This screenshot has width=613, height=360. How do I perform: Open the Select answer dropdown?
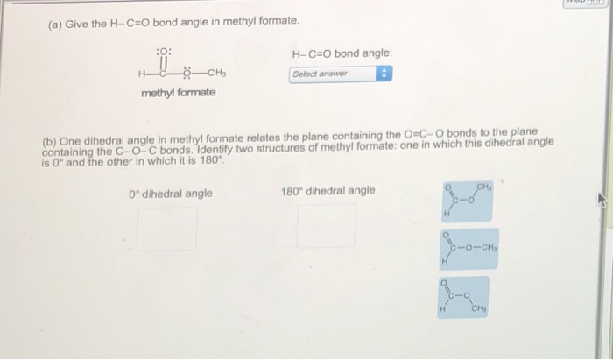333,74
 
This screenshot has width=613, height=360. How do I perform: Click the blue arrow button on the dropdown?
382,74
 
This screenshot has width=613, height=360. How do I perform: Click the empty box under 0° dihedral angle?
166,228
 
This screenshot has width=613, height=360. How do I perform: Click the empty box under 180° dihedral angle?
327,226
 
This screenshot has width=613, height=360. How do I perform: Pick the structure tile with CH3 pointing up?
469,198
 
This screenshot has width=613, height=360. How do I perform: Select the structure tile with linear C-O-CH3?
469,249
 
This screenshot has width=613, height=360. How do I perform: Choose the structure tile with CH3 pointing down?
468,299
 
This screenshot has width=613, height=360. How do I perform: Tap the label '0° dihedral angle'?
170,193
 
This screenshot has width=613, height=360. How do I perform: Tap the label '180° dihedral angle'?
328,191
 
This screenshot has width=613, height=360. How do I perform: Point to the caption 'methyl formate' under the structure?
178,93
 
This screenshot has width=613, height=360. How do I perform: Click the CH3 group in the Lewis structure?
218,73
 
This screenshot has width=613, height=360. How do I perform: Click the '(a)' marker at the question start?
53,20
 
